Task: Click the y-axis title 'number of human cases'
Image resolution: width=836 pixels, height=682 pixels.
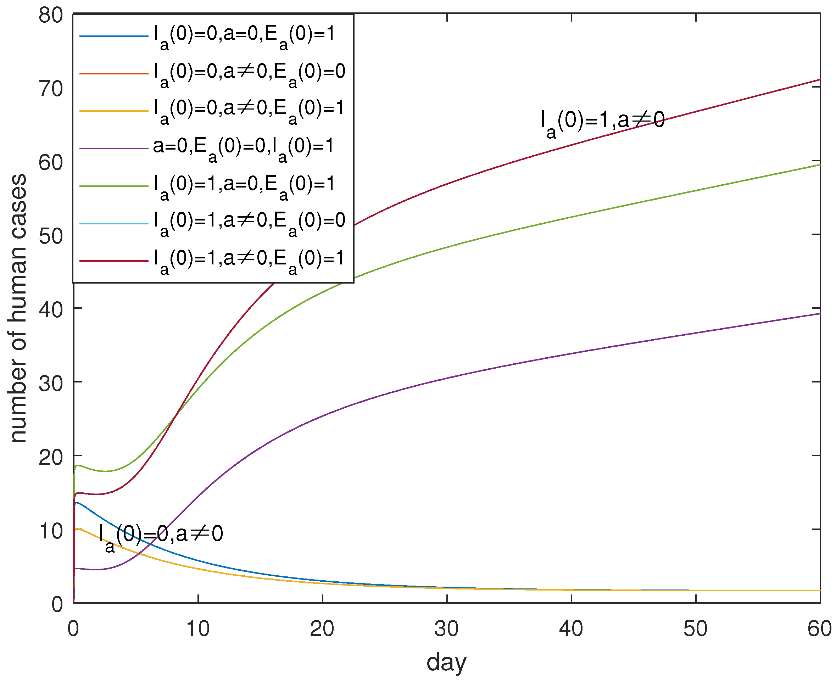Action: [x=18, y=308]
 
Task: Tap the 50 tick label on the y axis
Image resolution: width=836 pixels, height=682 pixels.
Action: [x=51, y=236]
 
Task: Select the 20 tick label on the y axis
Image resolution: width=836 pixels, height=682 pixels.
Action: [x=51, y=457]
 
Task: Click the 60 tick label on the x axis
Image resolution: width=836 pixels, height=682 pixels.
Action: [x=819, y=628]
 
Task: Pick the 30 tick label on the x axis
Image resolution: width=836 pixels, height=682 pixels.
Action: [x=446, y=628]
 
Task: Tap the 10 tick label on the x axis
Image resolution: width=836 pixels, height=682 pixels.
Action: [x=197, y=628]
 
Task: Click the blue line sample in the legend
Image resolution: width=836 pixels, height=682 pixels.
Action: [x=113, y=36]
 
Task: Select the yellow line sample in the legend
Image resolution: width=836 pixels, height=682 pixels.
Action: [x=113, y=111]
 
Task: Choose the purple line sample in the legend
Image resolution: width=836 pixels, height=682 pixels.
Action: [x=113, y=149]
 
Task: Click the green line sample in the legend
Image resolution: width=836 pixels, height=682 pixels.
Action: [x=113, y=186]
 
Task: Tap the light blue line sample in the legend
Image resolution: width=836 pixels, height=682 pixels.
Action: [x=113, y=224]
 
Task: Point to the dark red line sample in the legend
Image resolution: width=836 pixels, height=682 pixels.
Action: [x=113, y=261]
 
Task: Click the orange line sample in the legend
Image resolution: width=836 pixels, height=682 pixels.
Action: [x=113, y=73]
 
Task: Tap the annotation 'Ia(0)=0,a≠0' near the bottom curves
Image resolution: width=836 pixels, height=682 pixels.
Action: [x=161, y=535]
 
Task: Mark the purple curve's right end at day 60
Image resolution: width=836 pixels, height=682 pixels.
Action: [x=819, y=313]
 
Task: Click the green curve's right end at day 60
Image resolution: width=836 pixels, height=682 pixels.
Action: [x=819, y=164]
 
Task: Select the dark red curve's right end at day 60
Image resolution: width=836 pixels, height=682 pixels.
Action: [x=819, y=80]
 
